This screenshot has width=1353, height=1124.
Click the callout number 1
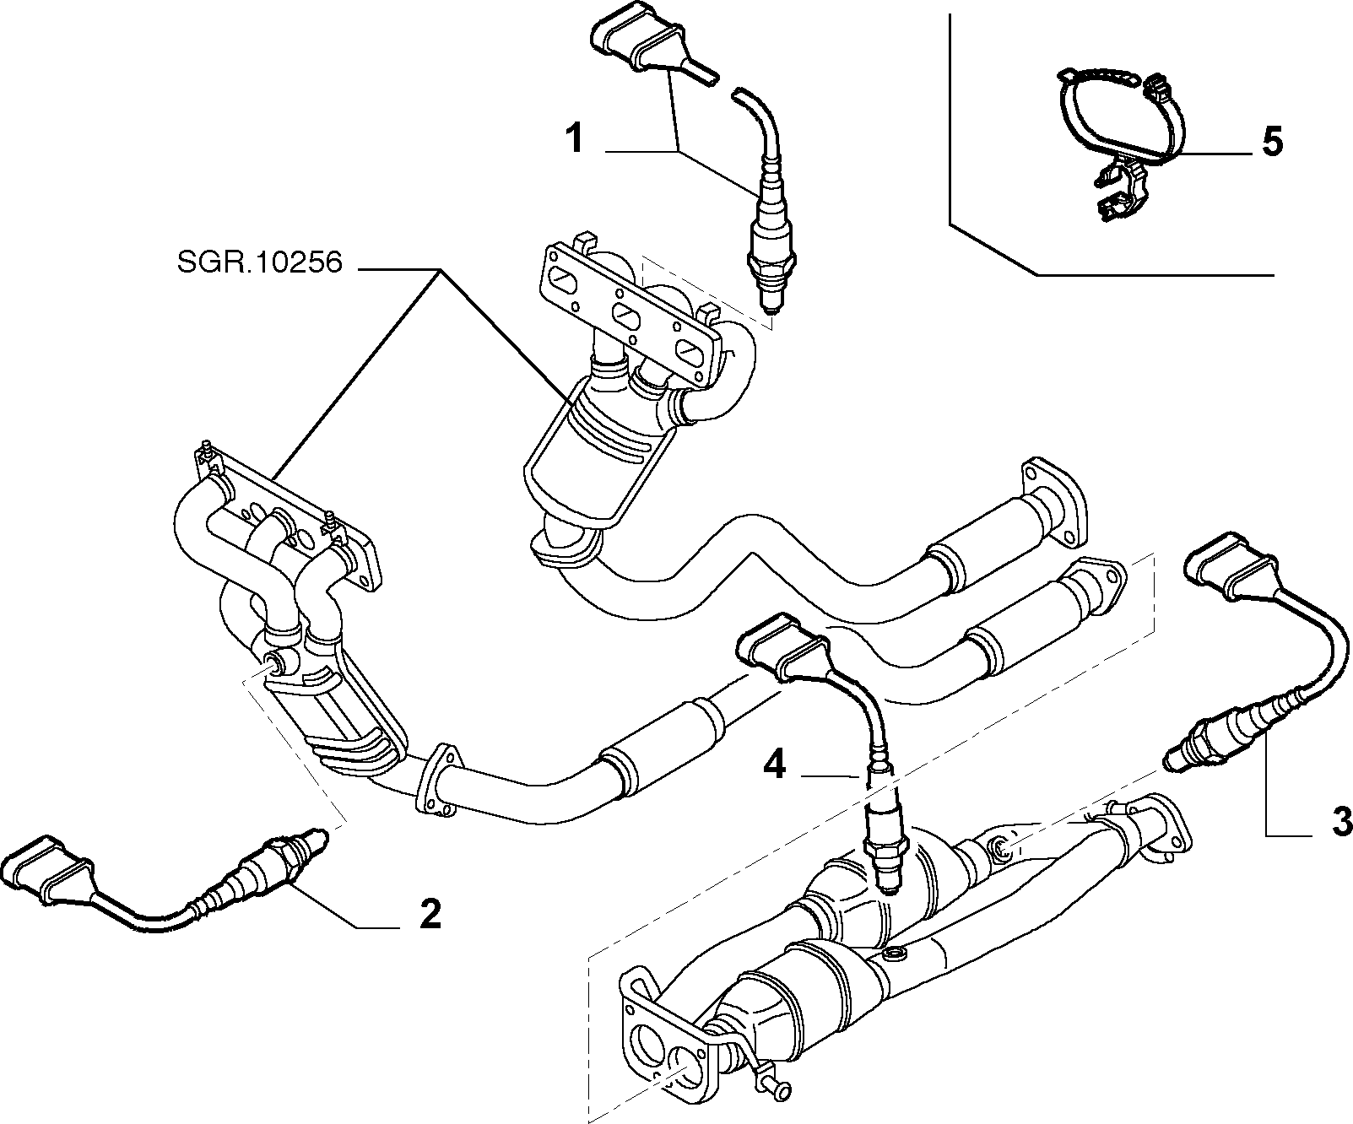575,138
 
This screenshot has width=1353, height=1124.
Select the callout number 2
430,913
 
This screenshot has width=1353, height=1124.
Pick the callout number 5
1273,141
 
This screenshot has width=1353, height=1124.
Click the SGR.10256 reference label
259,264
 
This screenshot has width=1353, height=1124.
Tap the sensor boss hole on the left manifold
274,661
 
